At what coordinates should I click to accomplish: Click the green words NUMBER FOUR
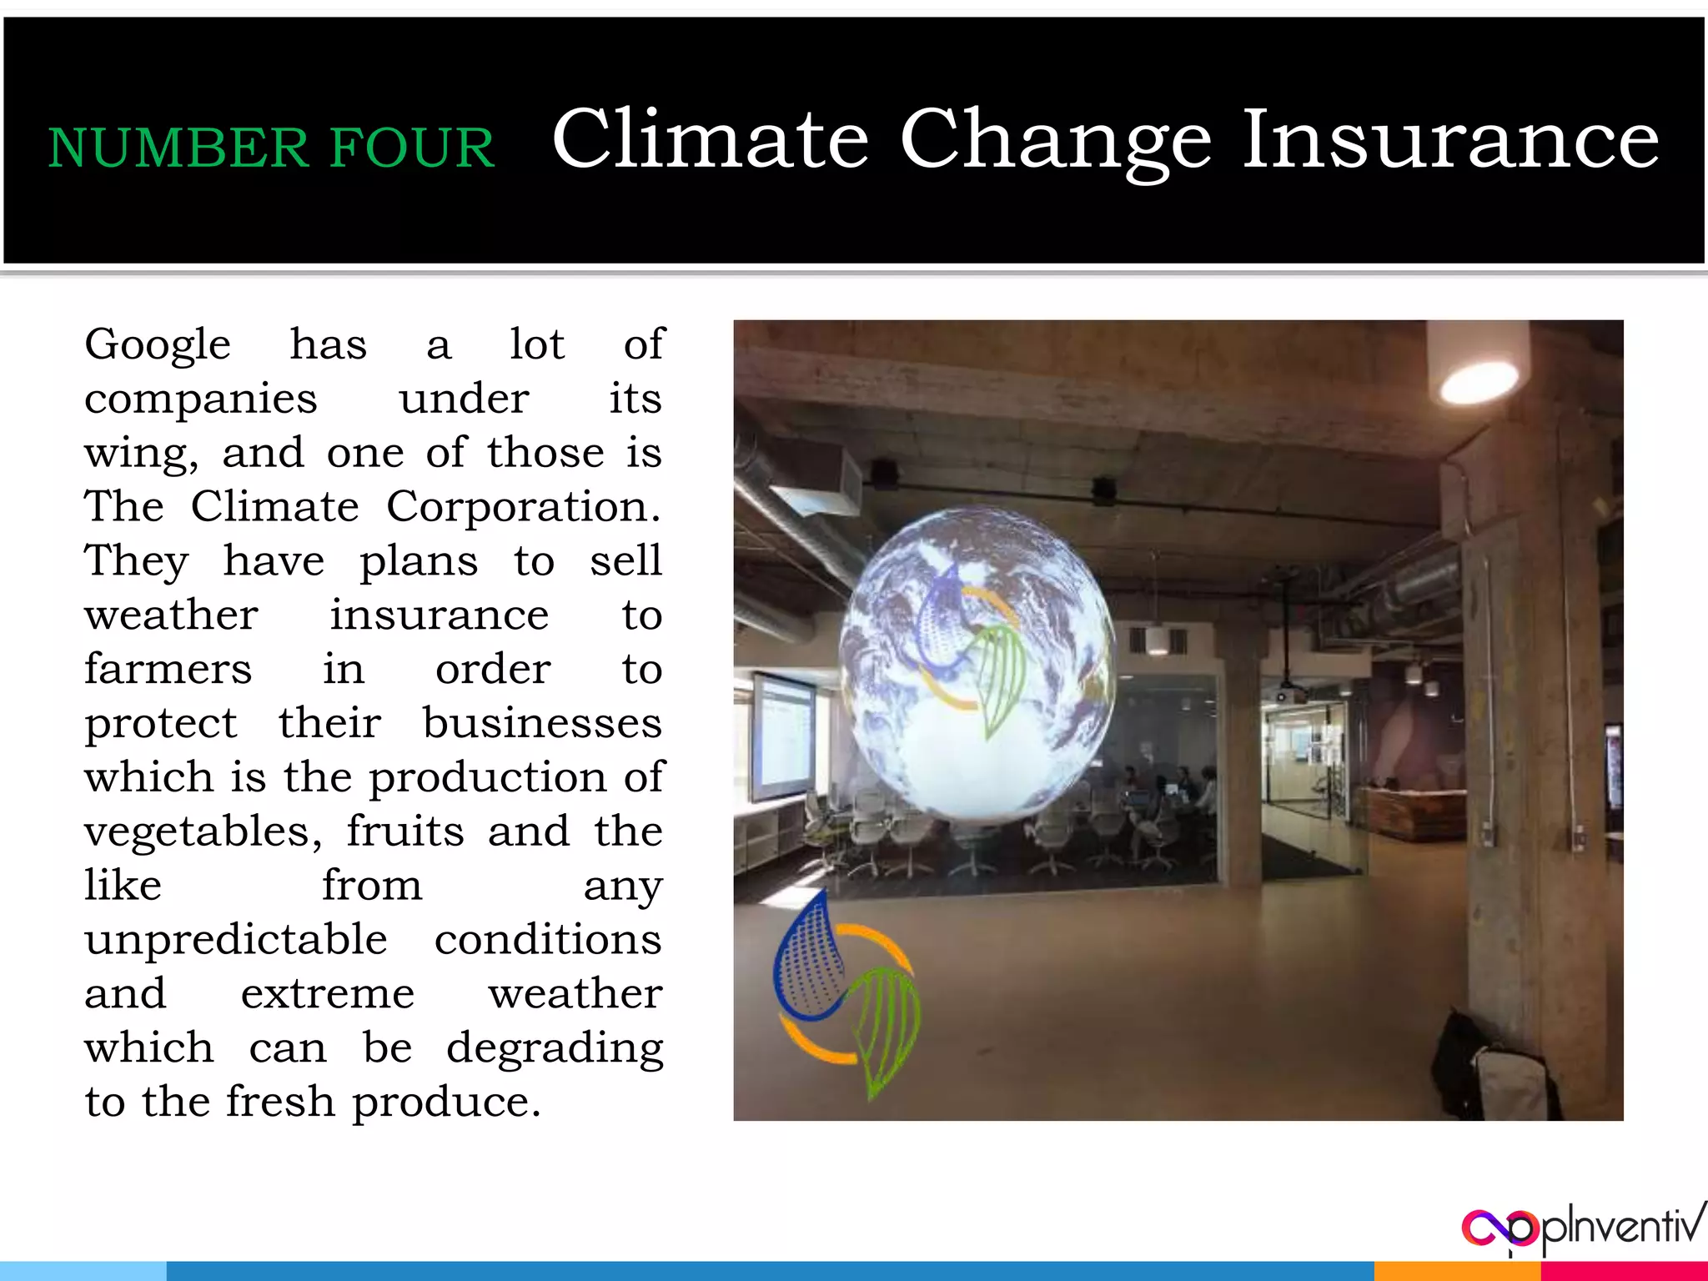[x=271, y=148]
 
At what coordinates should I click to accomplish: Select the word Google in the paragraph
[x=158, y=345]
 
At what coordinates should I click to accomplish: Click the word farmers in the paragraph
[x=168, y=669]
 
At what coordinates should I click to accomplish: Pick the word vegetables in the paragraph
[x=203, y=831]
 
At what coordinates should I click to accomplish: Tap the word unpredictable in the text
[x=236, y=940]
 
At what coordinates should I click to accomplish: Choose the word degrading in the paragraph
[x=555, y=1048]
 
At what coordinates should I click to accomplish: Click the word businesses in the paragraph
[x=542, y=722]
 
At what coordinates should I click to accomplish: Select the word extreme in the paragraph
[x=327, y=994]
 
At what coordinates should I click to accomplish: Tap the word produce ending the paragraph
[x=446, y=1103]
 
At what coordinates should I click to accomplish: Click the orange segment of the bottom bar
[x=1456, y=1271]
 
